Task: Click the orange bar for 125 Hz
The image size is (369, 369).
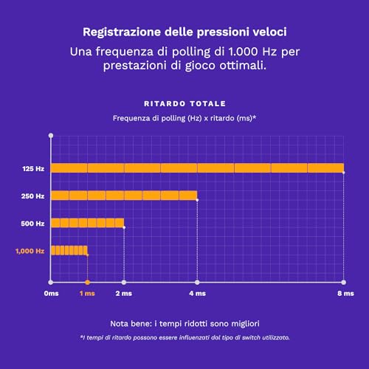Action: point(197,168)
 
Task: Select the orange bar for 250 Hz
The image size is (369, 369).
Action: point(124,196)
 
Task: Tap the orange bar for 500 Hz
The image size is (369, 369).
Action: point(87,223)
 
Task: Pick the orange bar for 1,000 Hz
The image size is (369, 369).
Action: point(69,249)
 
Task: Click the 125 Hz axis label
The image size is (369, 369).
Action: point(33,169)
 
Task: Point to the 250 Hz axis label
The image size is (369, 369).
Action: point(33,196)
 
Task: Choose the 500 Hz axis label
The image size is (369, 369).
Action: point(33,223)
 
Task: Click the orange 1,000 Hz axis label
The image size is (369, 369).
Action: point(30,251)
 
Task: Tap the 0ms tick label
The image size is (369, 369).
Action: point(51,294)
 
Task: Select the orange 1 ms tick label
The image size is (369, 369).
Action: point(87,294)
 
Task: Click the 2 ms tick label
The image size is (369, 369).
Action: point(123,294)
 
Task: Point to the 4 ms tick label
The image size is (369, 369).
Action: point(197,294)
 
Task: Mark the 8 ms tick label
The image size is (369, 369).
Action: point(343,294)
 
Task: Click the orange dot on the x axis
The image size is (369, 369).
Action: point(87,282)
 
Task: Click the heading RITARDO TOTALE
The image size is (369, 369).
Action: point(184,103)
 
